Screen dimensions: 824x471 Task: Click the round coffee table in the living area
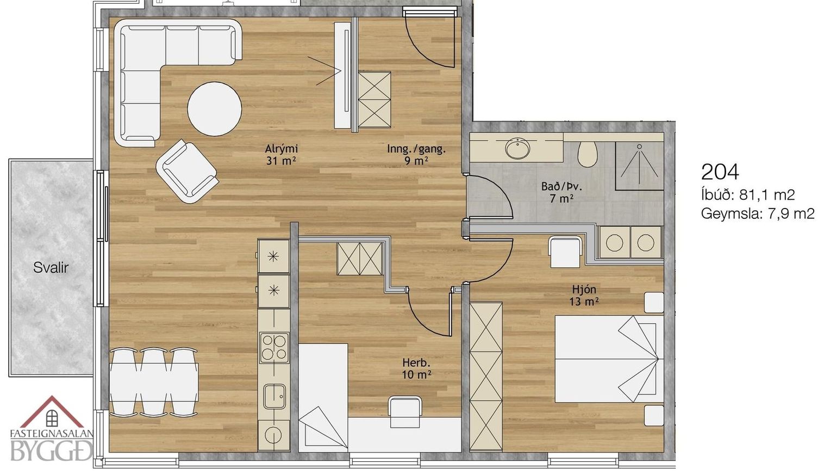tap(215, 109)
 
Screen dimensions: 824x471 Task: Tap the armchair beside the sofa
tap(188, 171)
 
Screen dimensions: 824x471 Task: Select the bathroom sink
tap(518, 149)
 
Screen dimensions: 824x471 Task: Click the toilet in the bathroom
tap(588, 154)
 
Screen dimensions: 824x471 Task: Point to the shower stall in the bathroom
tap(639, 166)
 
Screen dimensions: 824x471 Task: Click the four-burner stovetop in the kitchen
tap(274, 348)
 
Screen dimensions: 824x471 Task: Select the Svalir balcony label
tap(51, 268)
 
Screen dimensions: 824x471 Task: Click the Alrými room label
tap(282, 149)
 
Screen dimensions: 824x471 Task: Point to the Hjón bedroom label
tap(584, 289)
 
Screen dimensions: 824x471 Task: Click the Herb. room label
tap(416, 362)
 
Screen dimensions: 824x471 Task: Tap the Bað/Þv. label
tap(561, 186)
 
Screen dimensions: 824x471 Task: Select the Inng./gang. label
tap(416, 149)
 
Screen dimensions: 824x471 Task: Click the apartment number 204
tap(720, 172)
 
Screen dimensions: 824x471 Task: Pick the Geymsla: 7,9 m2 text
tap(758, 213)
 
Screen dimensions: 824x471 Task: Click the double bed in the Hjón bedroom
tap(609, 359)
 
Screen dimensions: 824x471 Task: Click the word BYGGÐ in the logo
tap(51, 450)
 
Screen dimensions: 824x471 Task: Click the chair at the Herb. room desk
tap(405, 412)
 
